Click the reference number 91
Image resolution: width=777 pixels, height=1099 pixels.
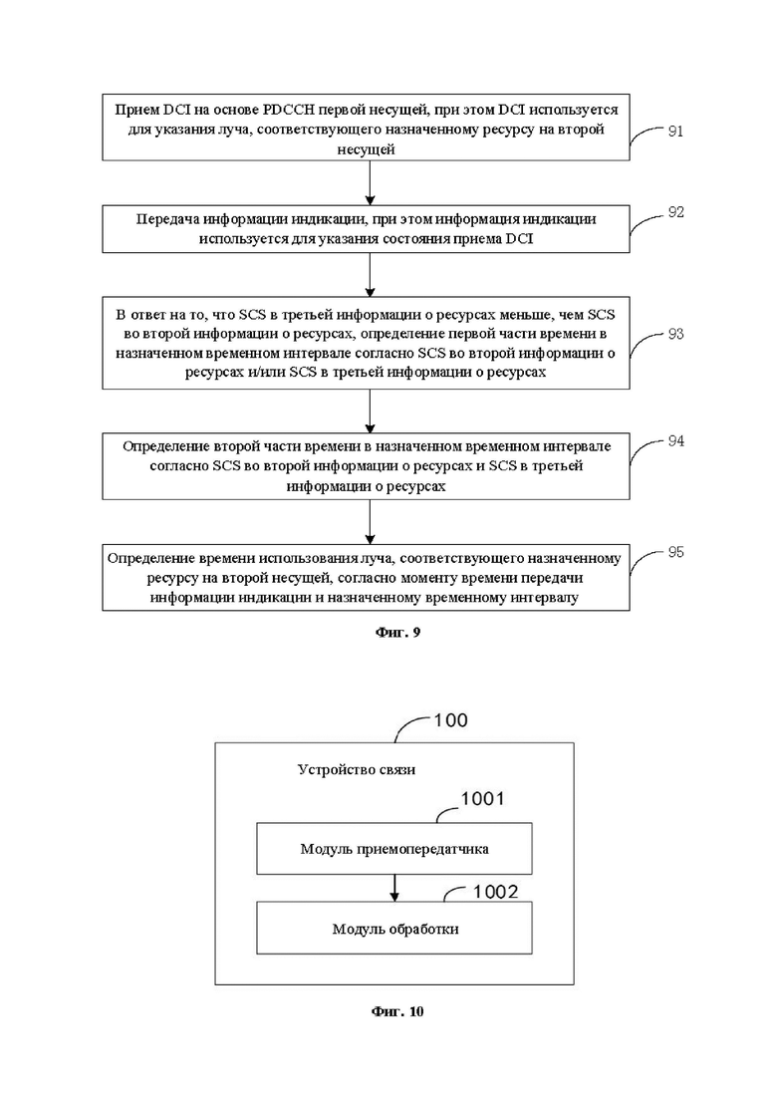coord(674,132)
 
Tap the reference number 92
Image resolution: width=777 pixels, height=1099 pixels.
coord(675,212)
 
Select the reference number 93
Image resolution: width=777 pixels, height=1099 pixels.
coord(675,335)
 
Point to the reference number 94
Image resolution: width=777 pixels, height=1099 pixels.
coord(675,440)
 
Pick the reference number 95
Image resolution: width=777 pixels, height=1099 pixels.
coord(675,552)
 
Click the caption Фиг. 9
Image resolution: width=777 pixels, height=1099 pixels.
coord(397,633)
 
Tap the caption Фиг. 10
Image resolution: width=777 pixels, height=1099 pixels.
coord(397,1011)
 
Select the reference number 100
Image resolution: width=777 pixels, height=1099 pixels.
coord(450,720)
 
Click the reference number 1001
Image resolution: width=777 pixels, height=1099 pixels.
coord(482,799)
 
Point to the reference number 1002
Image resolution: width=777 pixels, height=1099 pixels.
coord(495,892)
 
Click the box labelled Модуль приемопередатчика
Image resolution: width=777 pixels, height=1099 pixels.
coord(394,849)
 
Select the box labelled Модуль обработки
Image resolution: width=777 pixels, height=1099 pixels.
coord(394,928)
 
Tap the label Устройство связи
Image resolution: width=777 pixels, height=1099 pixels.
coord(357,769)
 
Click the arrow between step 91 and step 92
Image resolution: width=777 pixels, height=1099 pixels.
coord(370,183)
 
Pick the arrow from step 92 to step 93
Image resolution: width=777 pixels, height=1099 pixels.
coord(370,275)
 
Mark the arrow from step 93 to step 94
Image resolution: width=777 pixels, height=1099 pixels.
coord(370,412)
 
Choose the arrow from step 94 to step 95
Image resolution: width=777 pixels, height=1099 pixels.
coord(370,522)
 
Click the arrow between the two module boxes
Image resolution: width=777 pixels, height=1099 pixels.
coord(394,888)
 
